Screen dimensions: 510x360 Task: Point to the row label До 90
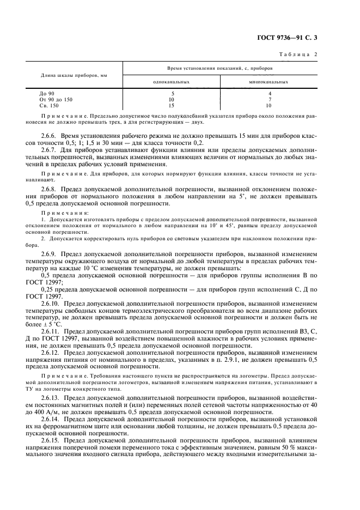pos(47,94)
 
